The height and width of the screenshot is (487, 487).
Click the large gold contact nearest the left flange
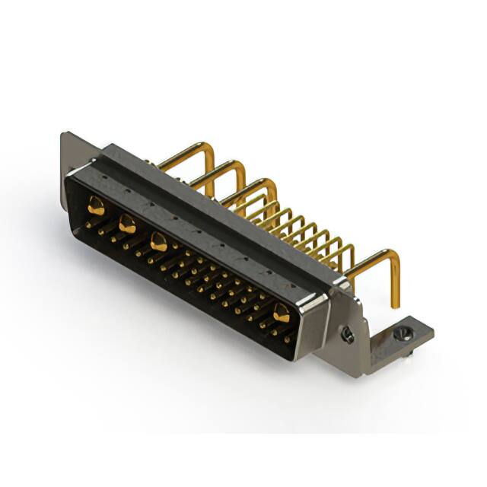click(96, 205)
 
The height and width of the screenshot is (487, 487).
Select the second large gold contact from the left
click(127, 224)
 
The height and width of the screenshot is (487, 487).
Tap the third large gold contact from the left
click(158, 243)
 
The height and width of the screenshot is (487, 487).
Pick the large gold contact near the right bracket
click(282, 311)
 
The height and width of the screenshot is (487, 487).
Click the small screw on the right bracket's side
click(347, 335)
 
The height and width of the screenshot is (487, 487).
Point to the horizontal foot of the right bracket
click(396, 342)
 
